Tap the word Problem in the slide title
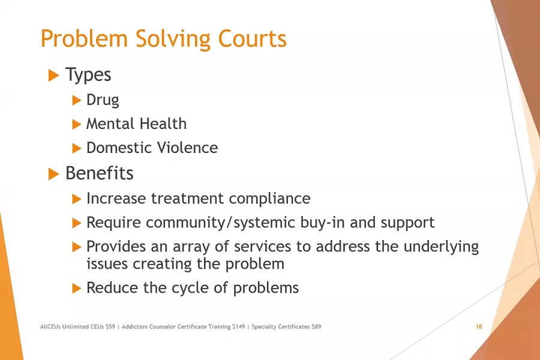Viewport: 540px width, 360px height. click(84, 38)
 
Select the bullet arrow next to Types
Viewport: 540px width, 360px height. click(54, 75)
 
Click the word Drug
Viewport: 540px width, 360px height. click(103, 101)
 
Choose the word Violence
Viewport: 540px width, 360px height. click(187, 148)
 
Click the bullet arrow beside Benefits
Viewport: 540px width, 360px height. click(54, 174)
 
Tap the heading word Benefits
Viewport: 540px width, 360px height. click(100, 173)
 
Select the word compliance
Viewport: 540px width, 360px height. click(269, 199)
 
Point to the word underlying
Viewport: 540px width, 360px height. click(441, 247)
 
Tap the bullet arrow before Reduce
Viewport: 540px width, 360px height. click(76, 288)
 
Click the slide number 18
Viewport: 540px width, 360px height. click(479, 326)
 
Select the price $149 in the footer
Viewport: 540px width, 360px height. click(238, 326)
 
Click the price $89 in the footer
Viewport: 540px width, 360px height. click(316, 326)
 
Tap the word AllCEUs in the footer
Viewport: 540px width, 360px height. click(50, 326)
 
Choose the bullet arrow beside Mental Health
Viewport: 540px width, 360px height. click(76, 124)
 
